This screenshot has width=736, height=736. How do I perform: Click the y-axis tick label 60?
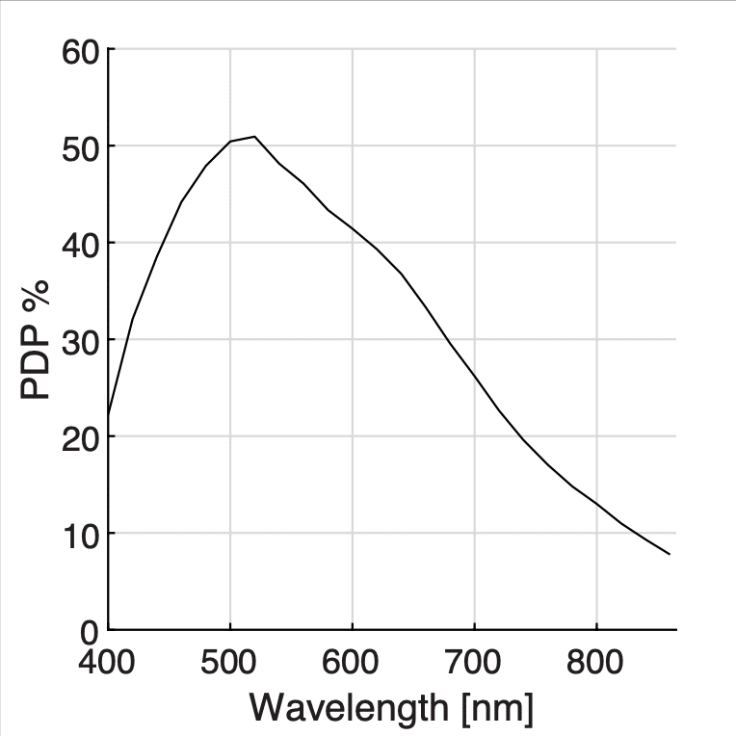tap(81, 50)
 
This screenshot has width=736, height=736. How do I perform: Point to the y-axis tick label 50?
tap(81, 146)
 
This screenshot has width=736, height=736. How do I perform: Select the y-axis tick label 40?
tap(81, 243)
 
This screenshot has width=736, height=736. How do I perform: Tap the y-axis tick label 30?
tap(81, 340)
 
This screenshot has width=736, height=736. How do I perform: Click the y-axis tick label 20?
tap(81, 436)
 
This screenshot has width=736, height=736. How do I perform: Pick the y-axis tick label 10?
tap(81, 534)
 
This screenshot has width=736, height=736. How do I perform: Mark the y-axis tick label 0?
tap(90, 632)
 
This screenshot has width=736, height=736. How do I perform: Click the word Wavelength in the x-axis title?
tap(350, 708)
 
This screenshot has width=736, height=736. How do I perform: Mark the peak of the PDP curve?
tap(254, 137)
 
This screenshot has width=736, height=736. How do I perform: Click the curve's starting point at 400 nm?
tap(108, 415)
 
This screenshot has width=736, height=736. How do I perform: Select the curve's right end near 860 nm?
tap(670, 554)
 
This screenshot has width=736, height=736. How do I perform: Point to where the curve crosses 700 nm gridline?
tap(474, 376)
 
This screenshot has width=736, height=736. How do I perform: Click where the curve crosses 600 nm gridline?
tap(353, 228)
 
